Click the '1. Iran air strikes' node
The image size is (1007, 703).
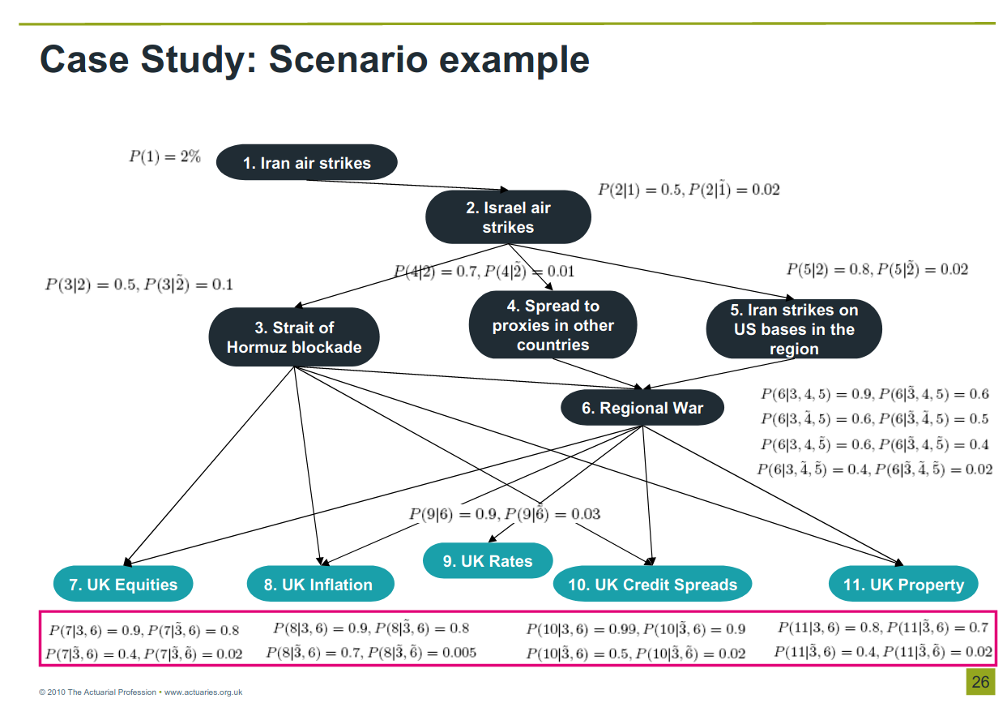click(306, 163)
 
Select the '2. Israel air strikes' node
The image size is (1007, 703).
click(508, 217)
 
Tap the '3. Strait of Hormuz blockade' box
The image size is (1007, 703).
click(294, 337)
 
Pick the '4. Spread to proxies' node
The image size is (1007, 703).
click(553, 325)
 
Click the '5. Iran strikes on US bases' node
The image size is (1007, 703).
click(794, 329)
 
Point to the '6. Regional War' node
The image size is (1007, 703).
click(642, 409)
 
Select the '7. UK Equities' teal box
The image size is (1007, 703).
click(123, 585)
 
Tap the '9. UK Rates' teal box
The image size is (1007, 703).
click(488, 561)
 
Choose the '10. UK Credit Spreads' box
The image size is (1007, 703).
click(652, 585)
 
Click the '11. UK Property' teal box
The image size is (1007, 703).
click(903, 585)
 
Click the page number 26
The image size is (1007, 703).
click(980, 682)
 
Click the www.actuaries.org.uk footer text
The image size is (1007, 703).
click(203, 692)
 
